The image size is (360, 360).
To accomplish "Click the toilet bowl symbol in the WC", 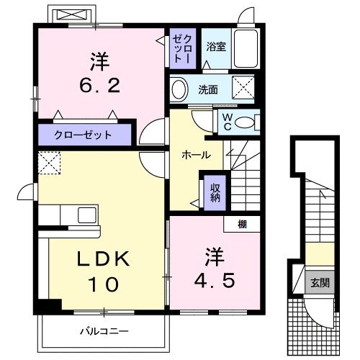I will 246,123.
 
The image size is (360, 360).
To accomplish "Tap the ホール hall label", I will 195,155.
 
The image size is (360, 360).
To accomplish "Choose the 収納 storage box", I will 215,192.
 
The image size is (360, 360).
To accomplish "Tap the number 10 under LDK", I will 103,284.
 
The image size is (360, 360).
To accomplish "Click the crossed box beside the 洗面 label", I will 243,90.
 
